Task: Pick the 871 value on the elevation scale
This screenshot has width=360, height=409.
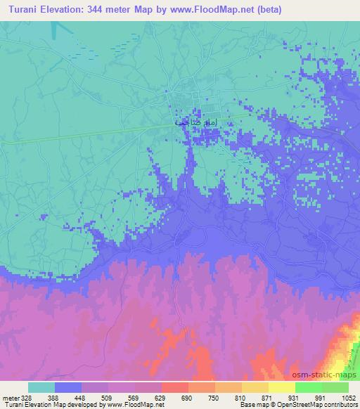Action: point(269,398)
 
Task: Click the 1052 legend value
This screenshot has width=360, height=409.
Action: point(349,398)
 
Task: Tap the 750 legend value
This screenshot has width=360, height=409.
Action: point(216,398)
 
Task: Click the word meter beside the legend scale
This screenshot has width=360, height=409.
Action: point(11,398)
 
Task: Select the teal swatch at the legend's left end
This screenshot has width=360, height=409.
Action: point(41,387)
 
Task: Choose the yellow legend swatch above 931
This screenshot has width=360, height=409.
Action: point(282,387)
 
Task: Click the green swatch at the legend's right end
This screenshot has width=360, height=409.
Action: point(335,387)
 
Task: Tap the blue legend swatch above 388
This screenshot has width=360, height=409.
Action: point(68,387)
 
